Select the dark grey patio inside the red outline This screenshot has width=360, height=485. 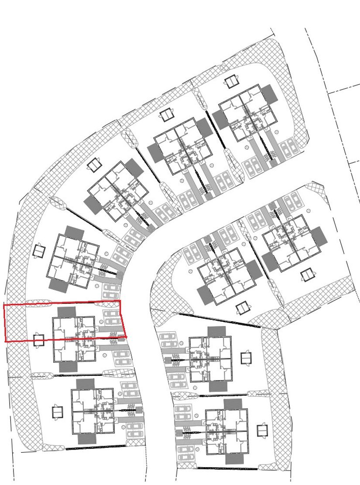(x=66, y=312)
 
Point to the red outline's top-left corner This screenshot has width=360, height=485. (x=4, y=305)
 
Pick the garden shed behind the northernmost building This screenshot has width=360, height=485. (x=230, y=81)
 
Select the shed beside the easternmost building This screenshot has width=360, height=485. (x=308, y=275)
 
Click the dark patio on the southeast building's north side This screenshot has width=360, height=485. (x=234, y=404)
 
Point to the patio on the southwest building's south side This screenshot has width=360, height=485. (x=86, y=439)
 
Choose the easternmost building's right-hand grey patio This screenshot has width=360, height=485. (x=319, y=237)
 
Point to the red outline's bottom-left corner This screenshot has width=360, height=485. (x=5, y=341)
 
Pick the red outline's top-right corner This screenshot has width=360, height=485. (x=120, y=300)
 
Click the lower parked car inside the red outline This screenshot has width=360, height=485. (x=112, y=321)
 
